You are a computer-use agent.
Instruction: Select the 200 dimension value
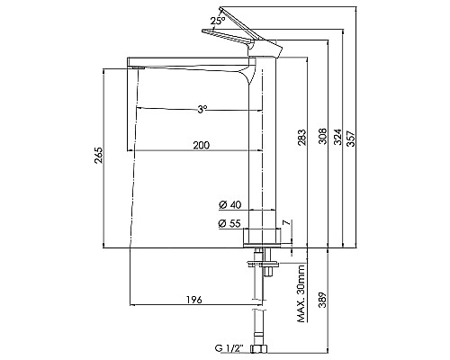point(202,146)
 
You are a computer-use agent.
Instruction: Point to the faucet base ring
point(265,237)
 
